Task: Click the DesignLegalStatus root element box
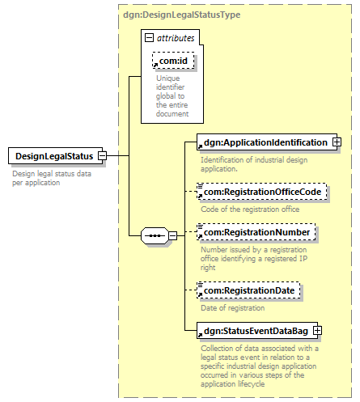point(55,156)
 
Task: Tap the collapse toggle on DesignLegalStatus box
point(102,155)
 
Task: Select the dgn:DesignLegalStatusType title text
point(181,15)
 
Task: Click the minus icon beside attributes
point(149,37)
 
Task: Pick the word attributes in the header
point(176,38)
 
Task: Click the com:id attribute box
point(173,61)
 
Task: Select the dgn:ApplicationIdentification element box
point(267,142)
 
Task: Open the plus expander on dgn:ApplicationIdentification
point(337,142)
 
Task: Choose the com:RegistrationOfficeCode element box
point(261,192)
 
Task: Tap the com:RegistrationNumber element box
point(256,232)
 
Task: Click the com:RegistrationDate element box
point(248,290)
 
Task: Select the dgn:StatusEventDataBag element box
point(257,331)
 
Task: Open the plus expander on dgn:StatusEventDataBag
point(317,330)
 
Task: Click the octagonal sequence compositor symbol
point(155,235)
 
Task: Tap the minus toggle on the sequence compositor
point(173,235)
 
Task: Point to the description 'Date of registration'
point(233,308)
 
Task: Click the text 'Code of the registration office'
point(250,209)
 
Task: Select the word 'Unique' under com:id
point(168,78)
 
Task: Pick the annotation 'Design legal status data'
point(52,174)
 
